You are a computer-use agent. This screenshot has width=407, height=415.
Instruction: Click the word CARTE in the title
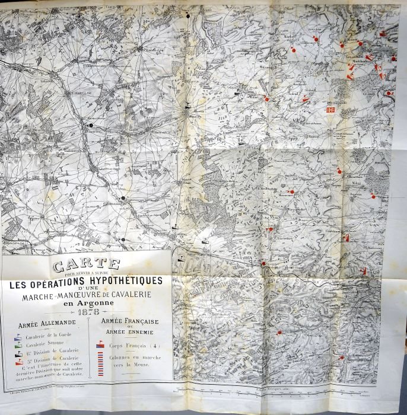[x=87, y=264]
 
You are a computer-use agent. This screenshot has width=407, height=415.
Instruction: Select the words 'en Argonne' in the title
[x=87, y=303]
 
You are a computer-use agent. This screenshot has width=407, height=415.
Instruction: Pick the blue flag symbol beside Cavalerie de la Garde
[x=18, y=336]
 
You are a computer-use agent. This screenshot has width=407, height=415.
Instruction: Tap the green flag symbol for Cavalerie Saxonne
[x=18, y=343]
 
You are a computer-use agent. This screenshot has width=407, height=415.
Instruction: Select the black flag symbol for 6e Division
[x=18, y=351]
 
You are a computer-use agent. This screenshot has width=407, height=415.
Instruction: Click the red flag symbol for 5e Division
[x=18, y=360]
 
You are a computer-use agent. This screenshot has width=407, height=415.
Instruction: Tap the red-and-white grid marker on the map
[x=331, y=110]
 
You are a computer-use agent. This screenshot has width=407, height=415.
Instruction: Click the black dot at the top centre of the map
[x=189, y=14]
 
